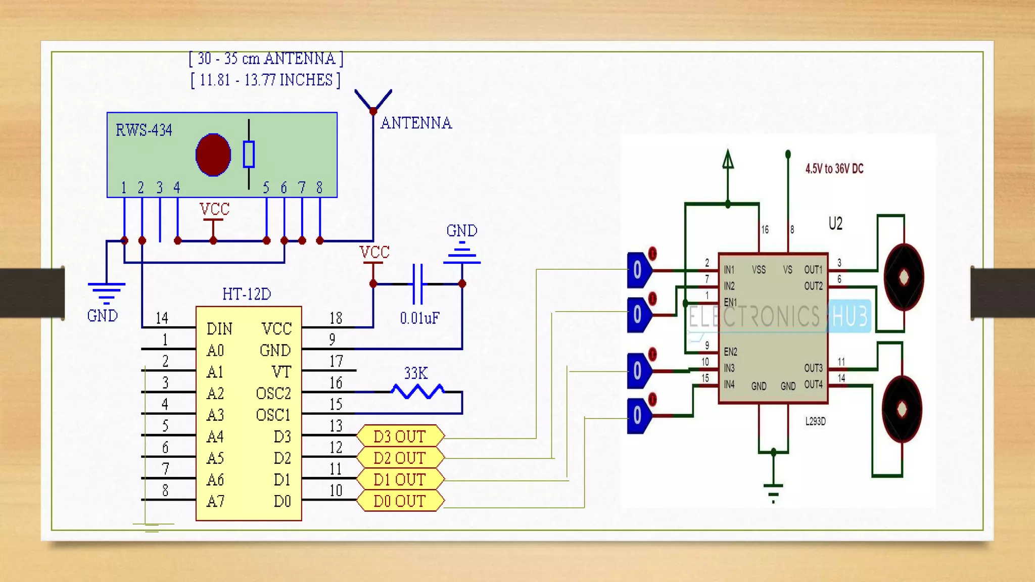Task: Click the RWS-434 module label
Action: coord(144,130)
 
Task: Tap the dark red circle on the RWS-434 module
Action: coord(213,155)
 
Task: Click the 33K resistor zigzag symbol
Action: coord(418,391)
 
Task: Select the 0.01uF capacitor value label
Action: coord(419,318)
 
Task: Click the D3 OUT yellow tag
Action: coord(400,436)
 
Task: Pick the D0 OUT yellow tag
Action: coord(400,501)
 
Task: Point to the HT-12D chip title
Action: coord(247,294)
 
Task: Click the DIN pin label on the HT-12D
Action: coord(219,329)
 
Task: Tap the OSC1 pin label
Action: coord(273,415)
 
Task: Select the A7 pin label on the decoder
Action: coord(215,501)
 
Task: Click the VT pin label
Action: coord(281,372)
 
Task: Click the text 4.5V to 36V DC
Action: coord(834,169)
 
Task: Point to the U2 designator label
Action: coord(835,223)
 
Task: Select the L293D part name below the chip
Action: coord(815,421)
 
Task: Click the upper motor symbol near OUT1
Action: coord(904,277)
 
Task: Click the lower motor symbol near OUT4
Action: coord(902,409)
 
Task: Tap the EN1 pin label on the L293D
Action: coord(730,302)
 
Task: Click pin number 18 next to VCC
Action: coord(336,318)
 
